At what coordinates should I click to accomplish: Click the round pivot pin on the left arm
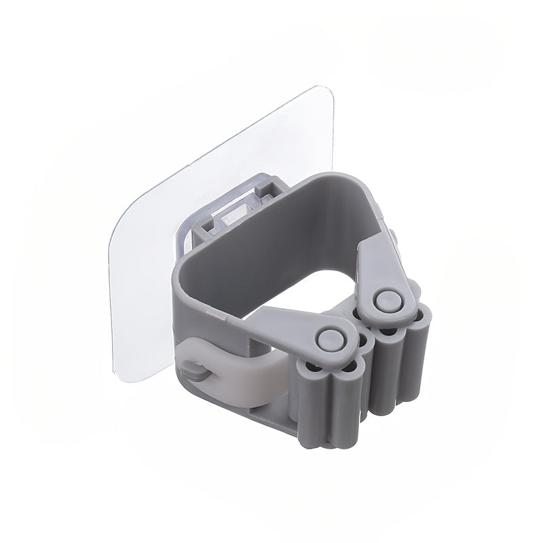pos(331,337)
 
